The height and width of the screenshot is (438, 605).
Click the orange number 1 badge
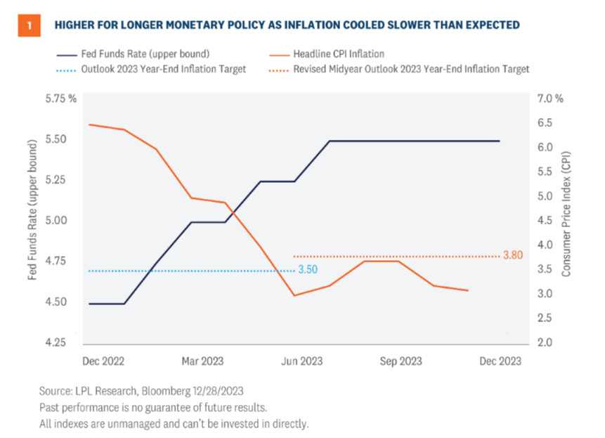click(28, 25)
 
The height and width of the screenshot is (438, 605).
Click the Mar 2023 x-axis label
click(202, 361)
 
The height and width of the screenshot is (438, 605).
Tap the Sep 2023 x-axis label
click(401, 361)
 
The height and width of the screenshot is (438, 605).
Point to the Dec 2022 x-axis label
click(103, 361)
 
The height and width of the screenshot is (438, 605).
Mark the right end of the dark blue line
click(500, 141)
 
